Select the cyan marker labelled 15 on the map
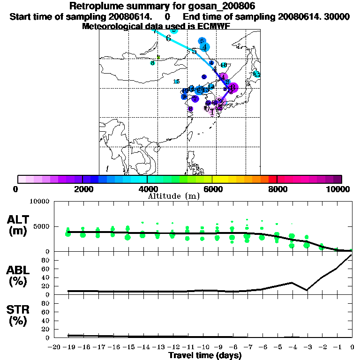177,82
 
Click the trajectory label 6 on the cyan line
168,38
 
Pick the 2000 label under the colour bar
82,189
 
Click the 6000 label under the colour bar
212,189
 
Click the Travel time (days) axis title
205,355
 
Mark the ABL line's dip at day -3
307,290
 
